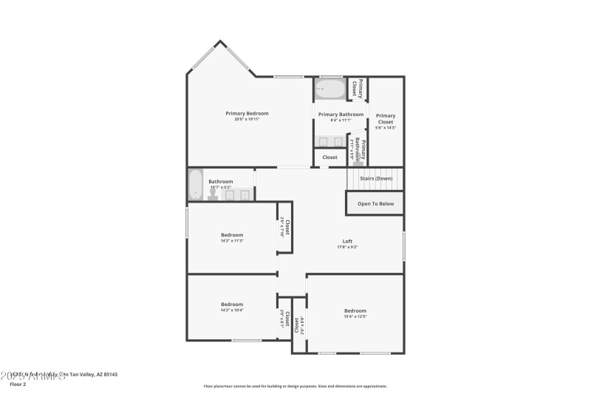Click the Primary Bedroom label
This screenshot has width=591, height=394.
tap(247, 113)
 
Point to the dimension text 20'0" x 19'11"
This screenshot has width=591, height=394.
tap(247, 120)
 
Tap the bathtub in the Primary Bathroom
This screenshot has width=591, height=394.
tap(329, 89)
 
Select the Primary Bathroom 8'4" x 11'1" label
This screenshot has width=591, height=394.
tap(341, 115)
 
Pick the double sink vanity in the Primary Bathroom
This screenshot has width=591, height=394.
tap(330, 141)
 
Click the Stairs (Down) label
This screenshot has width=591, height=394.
tap(375, 178)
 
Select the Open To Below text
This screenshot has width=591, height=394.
tap(375, 203)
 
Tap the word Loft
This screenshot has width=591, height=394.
tap(347, 241)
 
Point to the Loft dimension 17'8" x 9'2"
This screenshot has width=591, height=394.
tap(347, 247)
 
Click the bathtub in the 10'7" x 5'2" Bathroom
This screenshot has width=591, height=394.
tap(196, 185)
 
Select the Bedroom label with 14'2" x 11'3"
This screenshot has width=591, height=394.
tap(232, 235)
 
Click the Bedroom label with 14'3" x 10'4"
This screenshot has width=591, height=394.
tap(232, 305)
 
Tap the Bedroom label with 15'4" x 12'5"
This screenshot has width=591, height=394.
tap(355, 310)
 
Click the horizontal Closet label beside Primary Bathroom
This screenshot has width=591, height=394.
tap(329, 157)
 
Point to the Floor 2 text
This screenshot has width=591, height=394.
tap(17, 384)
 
